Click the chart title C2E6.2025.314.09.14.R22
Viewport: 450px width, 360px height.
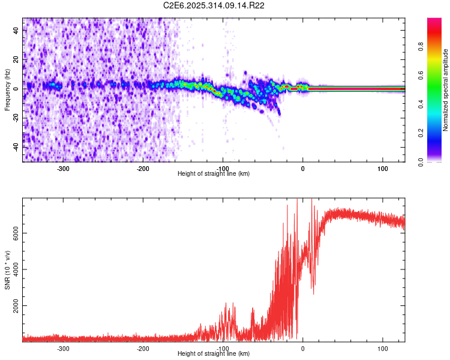click(214, 5)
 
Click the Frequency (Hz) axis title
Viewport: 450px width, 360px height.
click(7, 89)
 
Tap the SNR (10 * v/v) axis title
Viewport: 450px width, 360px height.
click(7, 270)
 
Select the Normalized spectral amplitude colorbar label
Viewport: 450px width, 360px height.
click(446, 90)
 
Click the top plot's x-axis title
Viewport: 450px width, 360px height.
click(214, 173)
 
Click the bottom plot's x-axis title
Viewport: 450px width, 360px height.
click(214, 353)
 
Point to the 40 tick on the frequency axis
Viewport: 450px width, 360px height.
click(16, 31)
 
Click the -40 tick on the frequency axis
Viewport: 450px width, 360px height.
click(16, 147)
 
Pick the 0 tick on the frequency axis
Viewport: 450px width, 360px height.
click(16, 89)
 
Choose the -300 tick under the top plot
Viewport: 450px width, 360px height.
click(64, 168)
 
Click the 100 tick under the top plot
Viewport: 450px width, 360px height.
click(382, 168)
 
